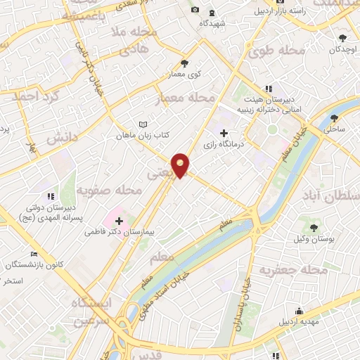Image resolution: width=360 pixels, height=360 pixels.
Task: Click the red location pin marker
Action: [x=181, y=165]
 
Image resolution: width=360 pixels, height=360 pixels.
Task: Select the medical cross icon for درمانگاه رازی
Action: [x=224, y=133]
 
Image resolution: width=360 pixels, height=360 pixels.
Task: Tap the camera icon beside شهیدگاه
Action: [x=195, y=10]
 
